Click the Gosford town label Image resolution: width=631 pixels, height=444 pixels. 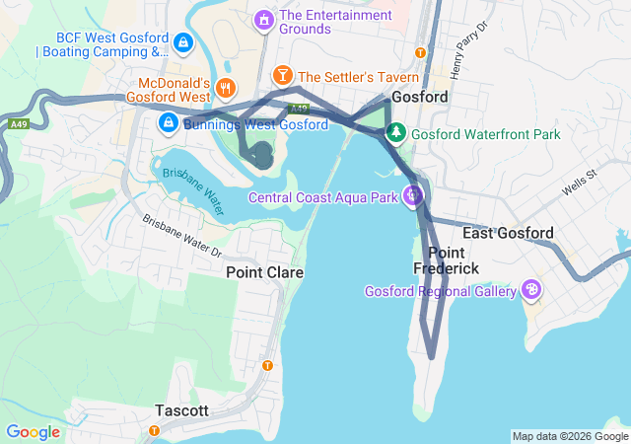click(420, 98)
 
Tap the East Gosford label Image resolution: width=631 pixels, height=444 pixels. click(508, 233)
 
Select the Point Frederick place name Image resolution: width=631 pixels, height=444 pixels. click(446, 260)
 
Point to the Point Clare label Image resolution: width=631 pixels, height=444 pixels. click(264, 271)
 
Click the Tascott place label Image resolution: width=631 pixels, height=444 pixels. click(181, 410)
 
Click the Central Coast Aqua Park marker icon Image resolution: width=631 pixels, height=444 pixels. click(414, 196)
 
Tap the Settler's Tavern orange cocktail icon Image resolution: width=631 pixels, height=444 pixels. click(283, 76)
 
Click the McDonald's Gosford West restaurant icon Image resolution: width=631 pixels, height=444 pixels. click(226, 89)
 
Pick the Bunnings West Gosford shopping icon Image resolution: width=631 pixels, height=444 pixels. click(169, 123)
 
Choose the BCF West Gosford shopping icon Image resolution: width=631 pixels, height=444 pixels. click(183, 42)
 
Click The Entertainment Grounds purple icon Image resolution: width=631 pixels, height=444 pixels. click(263, 19)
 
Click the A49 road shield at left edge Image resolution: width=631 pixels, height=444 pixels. click(18, 125)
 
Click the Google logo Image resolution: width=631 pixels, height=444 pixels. click(33, 431)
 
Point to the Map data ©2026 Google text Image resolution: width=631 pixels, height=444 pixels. click(569, 436)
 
